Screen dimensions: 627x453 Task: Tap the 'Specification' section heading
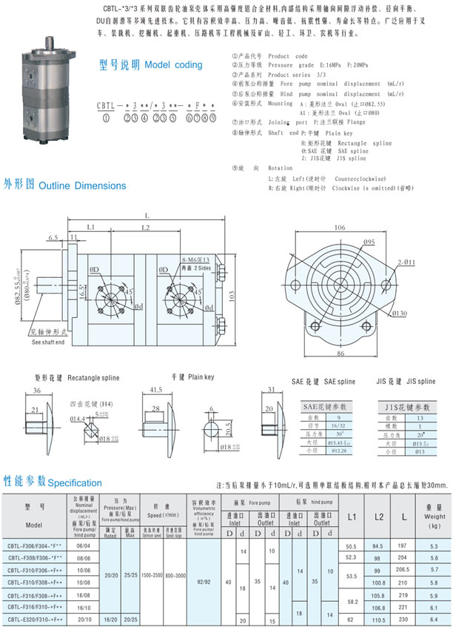tap(52, 482)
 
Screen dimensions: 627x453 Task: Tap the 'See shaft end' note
tap(47, 342)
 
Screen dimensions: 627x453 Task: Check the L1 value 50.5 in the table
tap(351, 546)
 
